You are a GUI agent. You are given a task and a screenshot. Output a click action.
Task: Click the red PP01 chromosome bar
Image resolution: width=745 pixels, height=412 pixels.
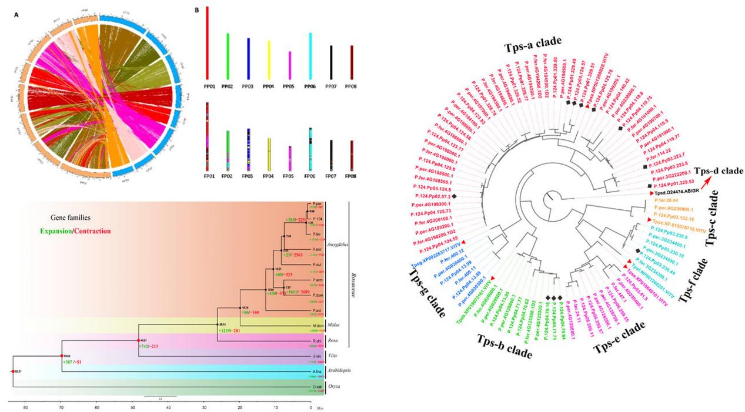click(x=208, y=45)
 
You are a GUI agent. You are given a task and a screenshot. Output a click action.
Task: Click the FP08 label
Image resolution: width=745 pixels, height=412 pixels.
click(x=350, y=175)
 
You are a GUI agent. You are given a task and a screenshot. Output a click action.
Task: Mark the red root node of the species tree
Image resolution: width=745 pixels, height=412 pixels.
click(x=13, y=371)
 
